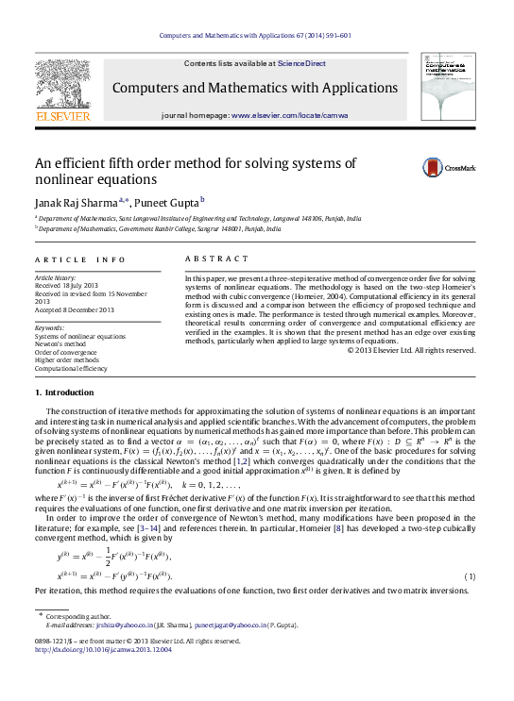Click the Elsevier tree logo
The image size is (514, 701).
pyautogui.click(x=63, y=89)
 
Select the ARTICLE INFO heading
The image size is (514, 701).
pyautogui.click(x=79, y=259)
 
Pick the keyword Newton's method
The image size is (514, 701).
pyautogui.click(x=61, y=344)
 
